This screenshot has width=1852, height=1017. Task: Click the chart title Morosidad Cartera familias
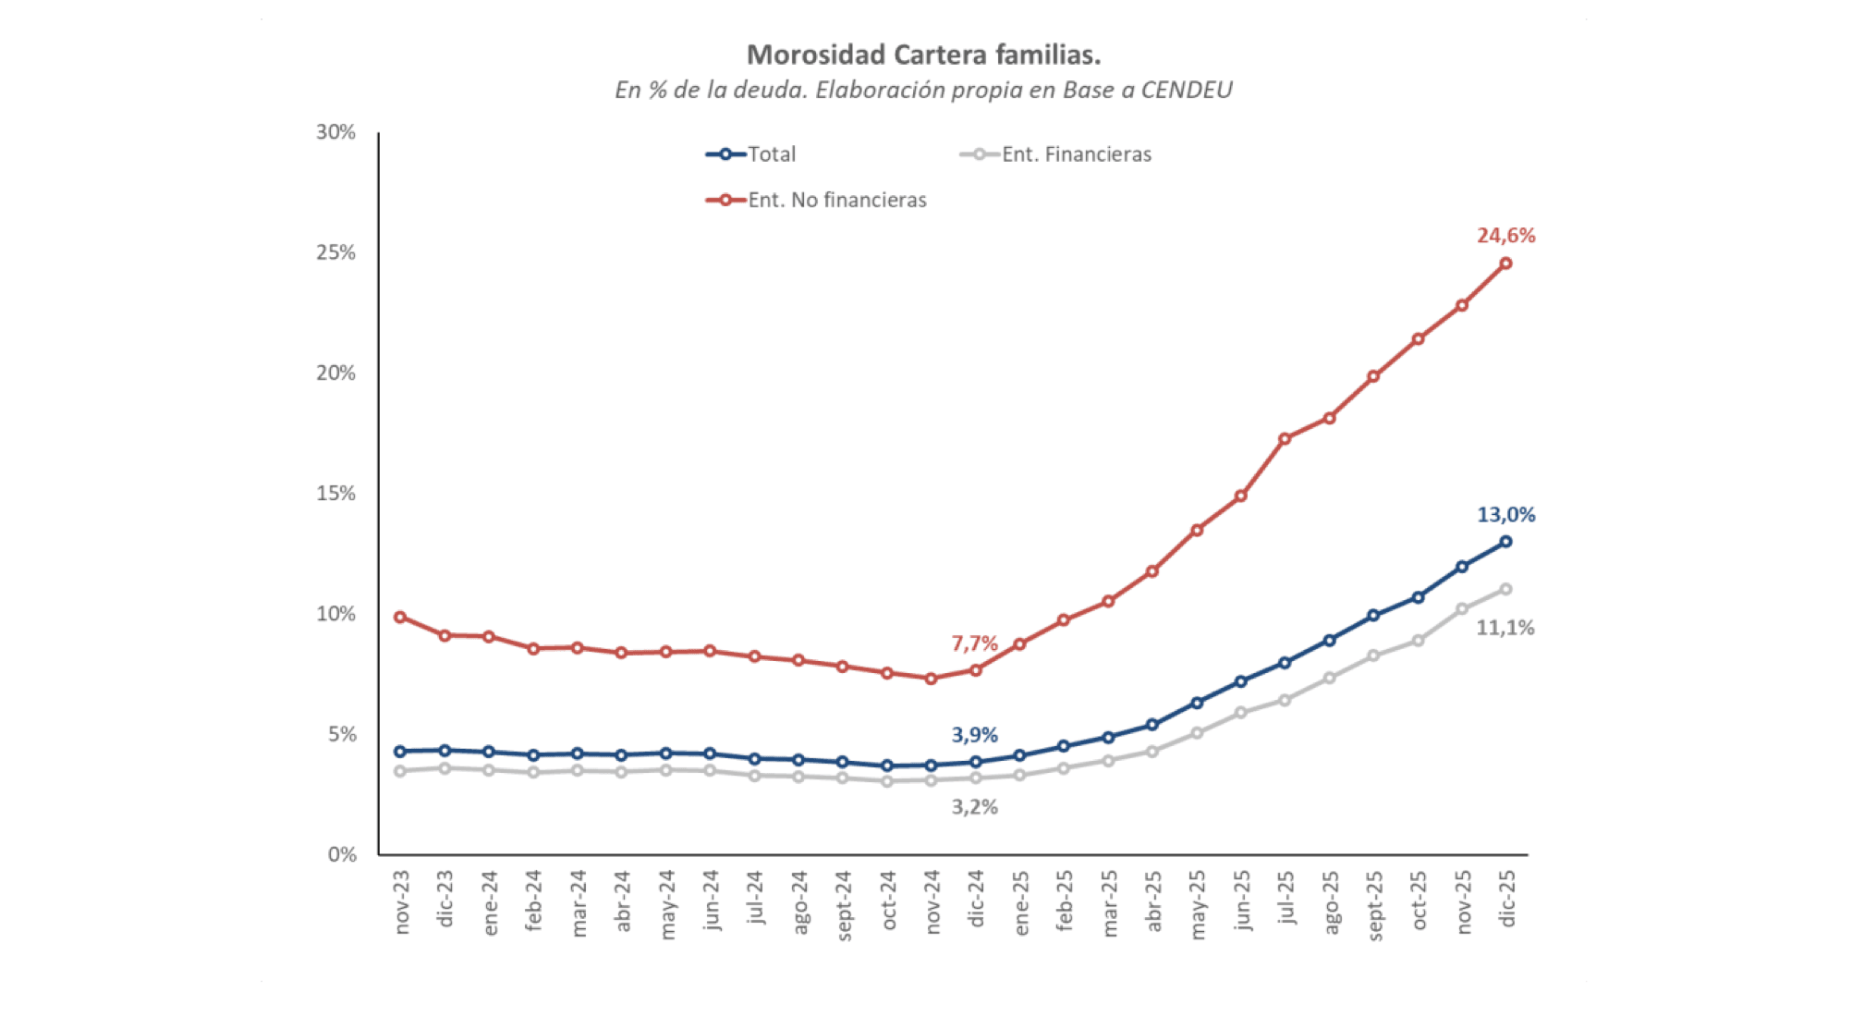point(923,55)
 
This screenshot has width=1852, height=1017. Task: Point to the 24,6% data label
point(1505,236)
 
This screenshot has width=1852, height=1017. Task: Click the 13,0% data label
point(1505,515)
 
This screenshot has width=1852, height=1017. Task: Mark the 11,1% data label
point(1505,628)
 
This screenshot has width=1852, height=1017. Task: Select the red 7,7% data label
point(974,643)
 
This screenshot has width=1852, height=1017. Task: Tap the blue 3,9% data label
point(974,735)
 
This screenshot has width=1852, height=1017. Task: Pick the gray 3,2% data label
point(974,807)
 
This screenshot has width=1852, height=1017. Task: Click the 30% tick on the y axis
point(335,132)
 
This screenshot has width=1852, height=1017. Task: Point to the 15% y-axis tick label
point(335,494)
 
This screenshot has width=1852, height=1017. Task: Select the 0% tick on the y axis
point(342,855)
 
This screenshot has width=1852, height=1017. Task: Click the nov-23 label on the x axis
point(402,902)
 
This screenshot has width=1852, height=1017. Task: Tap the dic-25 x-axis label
point(1507,899)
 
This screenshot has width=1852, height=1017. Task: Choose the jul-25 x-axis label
point(1285,898)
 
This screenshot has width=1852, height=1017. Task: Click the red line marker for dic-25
point(1505,263)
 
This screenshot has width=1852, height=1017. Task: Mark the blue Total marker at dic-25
point(1505,542)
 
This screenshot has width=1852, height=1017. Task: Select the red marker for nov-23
point(400,617)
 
